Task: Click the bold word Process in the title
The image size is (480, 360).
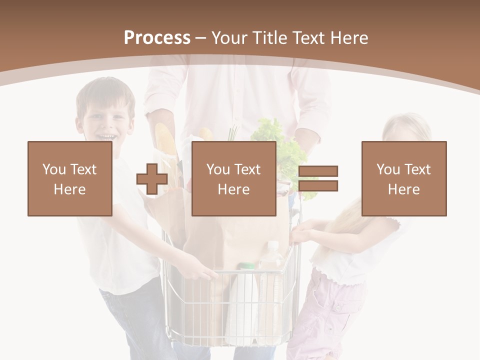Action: (x=157, y=38)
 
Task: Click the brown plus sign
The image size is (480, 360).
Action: (x=152, y=179)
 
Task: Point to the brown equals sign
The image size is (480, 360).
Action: (x=318, y=178)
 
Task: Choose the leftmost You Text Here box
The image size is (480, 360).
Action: (x=70, y=178)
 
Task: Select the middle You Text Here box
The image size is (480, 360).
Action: (x=233, y=178)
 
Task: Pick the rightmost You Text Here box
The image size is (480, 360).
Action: (x=403, y=178)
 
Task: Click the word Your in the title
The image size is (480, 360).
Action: (x=228, y=38)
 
